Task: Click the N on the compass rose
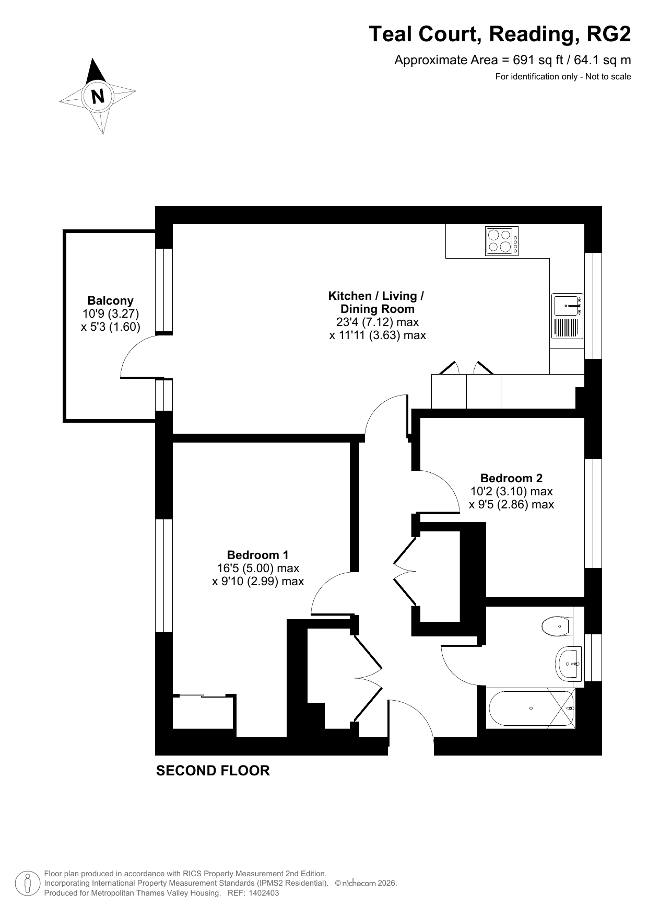point(98,96)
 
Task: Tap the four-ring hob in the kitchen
point(502,241)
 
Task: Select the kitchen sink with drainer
point(567,316)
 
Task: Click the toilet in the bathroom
point(557,626)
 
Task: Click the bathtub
point(531,709)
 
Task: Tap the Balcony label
point(111,300)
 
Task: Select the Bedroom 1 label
point(257,555)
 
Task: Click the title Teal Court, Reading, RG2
point(500,34)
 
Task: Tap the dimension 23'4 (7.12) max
point(378,322)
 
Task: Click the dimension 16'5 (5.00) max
point(258,568)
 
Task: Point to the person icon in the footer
point(28,884)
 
